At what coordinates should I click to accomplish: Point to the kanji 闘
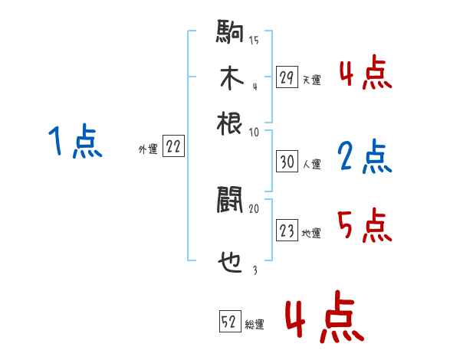(230, 201)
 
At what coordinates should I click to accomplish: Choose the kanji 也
(230, 263)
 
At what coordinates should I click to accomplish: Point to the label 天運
(312, 80)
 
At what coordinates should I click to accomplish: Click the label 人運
(312, 164)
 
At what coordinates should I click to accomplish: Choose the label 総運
(255, 325)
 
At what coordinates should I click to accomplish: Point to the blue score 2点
(365, 157)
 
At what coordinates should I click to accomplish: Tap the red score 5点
(365, 227)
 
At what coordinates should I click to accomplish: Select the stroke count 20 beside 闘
(254, 208)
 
